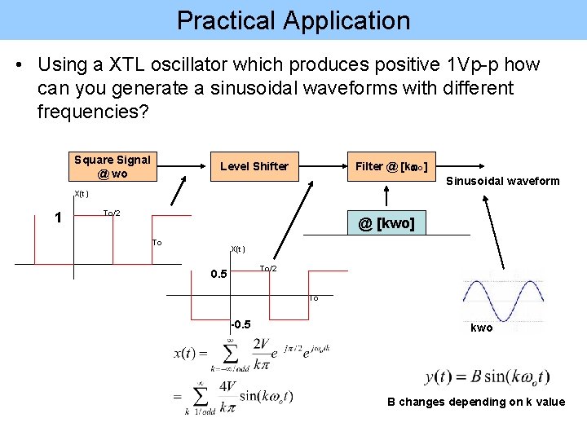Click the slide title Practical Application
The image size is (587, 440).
pyautogui.click(x=293, y=20)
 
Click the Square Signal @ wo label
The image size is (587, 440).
pyautogui.click(x=113, y=166)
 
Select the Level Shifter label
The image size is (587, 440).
pyautogui.click(x=254, y=166)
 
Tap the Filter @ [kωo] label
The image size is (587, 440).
pyautogui.click(x=391, y=166)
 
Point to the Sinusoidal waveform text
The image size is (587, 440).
pyautogui.click(x=503, y=181)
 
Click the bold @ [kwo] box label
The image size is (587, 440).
pyautogui.click(x=386, y=222)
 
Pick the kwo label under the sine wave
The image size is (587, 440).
pyautogui.click(x=482, y=328)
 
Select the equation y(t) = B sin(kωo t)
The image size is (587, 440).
pyautogui.click(x=487, y=376)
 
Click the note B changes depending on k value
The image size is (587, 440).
pyautogui.click(x=476, y=402)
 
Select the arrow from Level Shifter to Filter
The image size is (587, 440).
pyautogui.click(x=318, y=167)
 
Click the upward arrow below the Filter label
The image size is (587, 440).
pyautogui.click(x=387, y=194)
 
